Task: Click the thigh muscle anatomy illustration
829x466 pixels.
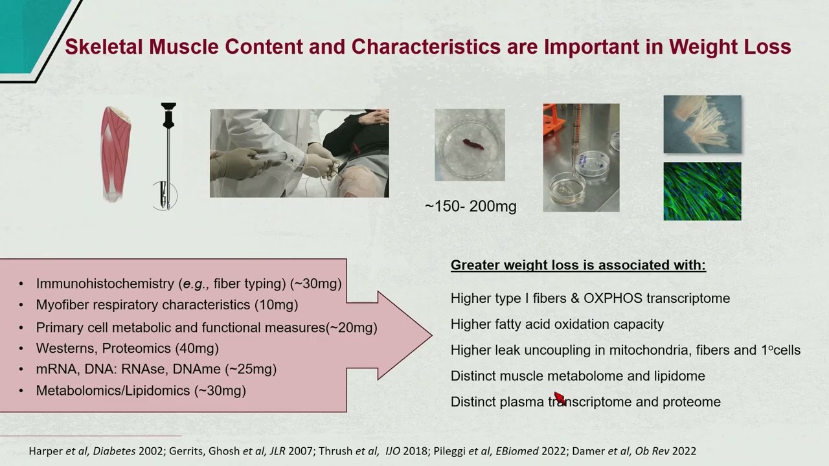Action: pos(115,154)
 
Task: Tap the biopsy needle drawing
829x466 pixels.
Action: pos(168,155)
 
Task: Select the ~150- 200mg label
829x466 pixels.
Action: pos(471,206)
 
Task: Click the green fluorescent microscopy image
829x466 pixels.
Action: pos(702,191)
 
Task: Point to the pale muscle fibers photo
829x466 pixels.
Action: pos(702,124)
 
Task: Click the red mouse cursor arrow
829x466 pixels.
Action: pos(560,397)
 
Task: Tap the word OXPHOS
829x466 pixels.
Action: pos(612,298)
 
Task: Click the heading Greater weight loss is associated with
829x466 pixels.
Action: pos(578,265)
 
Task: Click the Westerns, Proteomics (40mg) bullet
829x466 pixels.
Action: pos(128,348)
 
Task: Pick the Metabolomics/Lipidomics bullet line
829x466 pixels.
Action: pos(141,390)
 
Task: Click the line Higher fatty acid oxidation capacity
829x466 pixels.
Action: pos(557,324)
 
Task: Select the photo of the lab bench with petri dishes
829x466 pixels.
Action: pos(581,157)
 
